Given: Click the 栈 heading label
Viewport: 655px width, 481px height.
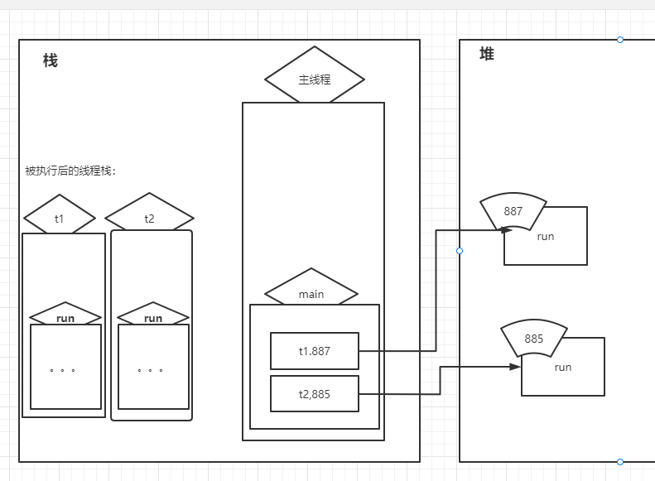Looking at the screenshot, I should [51, 60].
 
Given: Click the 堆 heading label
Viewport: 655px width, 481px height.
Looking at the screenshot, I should [487, 54].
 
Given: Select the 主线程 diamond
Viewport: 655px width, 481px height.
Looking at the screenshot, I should [315, 79].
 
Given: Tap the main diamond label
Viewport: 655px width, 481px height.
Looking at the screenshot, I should [311, 294].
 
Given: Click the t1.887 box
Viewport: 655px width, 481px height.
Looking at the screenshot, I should [315, 351].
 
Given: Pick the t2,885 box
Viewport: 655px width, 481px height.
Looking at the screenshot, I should [315, 394].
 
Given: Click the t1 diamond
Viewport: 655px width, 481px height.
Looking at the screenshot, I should [60, 219].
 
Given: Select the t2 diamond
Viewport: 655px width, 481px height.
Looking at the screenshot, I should [149, 219].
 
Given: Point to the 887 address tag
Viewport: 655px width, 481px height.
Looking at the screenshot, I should [513, 211].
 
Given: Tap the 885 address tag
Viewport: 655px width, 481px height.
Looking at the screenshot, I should [534, 339].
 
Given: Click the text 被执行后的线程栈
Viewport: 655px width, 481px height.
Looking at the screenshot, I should [71, 171].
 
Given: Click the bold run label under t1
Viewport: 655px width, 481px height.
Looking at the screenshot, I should [65, 318].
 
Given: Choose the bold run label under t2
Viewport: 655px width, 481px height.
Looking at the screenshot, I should [153, 318].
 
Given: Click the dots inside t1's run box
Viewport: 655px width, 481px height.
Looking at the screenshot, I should [62, 370].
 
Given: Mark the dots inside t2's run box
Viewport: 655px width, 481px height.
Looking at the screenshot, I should [150, 370].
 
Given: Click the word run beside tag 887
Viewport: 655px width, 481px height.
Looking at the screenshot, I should [546, 237].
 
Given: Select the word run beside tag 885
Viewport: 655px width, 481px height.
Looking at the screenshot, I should [563, 368].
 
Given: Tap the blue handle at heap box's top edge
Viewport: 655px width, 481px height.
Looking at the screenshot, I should [620, 40].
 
